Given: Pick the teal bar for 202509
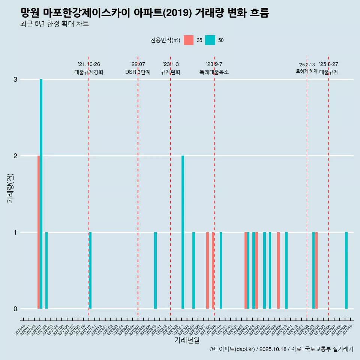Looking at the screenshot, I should click(346, 270).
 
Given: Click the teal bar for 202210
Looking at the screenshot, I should click(155, 270).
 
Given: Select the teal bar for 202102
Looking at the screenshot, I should click(46, 270).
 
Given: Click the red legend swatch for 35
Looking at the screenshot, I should click(189, 40).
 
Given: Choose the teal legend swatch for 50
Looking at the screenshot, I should click(210, 40).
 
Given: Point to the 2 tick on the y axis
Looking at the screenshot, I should click(15, 156).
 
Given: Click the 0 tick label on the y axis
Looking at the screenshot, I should click(15, 309).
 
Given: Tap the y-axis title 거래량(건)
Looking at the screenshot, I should click(10, 188).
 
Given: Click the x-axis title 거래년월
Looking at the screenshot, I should click(187, 340).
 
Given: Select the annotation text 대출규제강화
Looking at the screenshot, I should click(89, 72).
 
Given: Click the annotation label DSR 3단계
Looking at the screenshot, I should click(138, 72).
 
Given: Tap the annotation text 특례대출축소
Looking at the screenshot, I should click(214, 72).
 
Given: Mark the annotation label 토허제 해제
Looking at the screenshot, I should click(306, 71).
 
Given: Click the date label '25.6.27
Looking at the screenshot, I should click(328, 64).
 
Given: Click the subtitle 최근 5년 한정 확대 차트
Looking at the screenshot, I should click(55, 24).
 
